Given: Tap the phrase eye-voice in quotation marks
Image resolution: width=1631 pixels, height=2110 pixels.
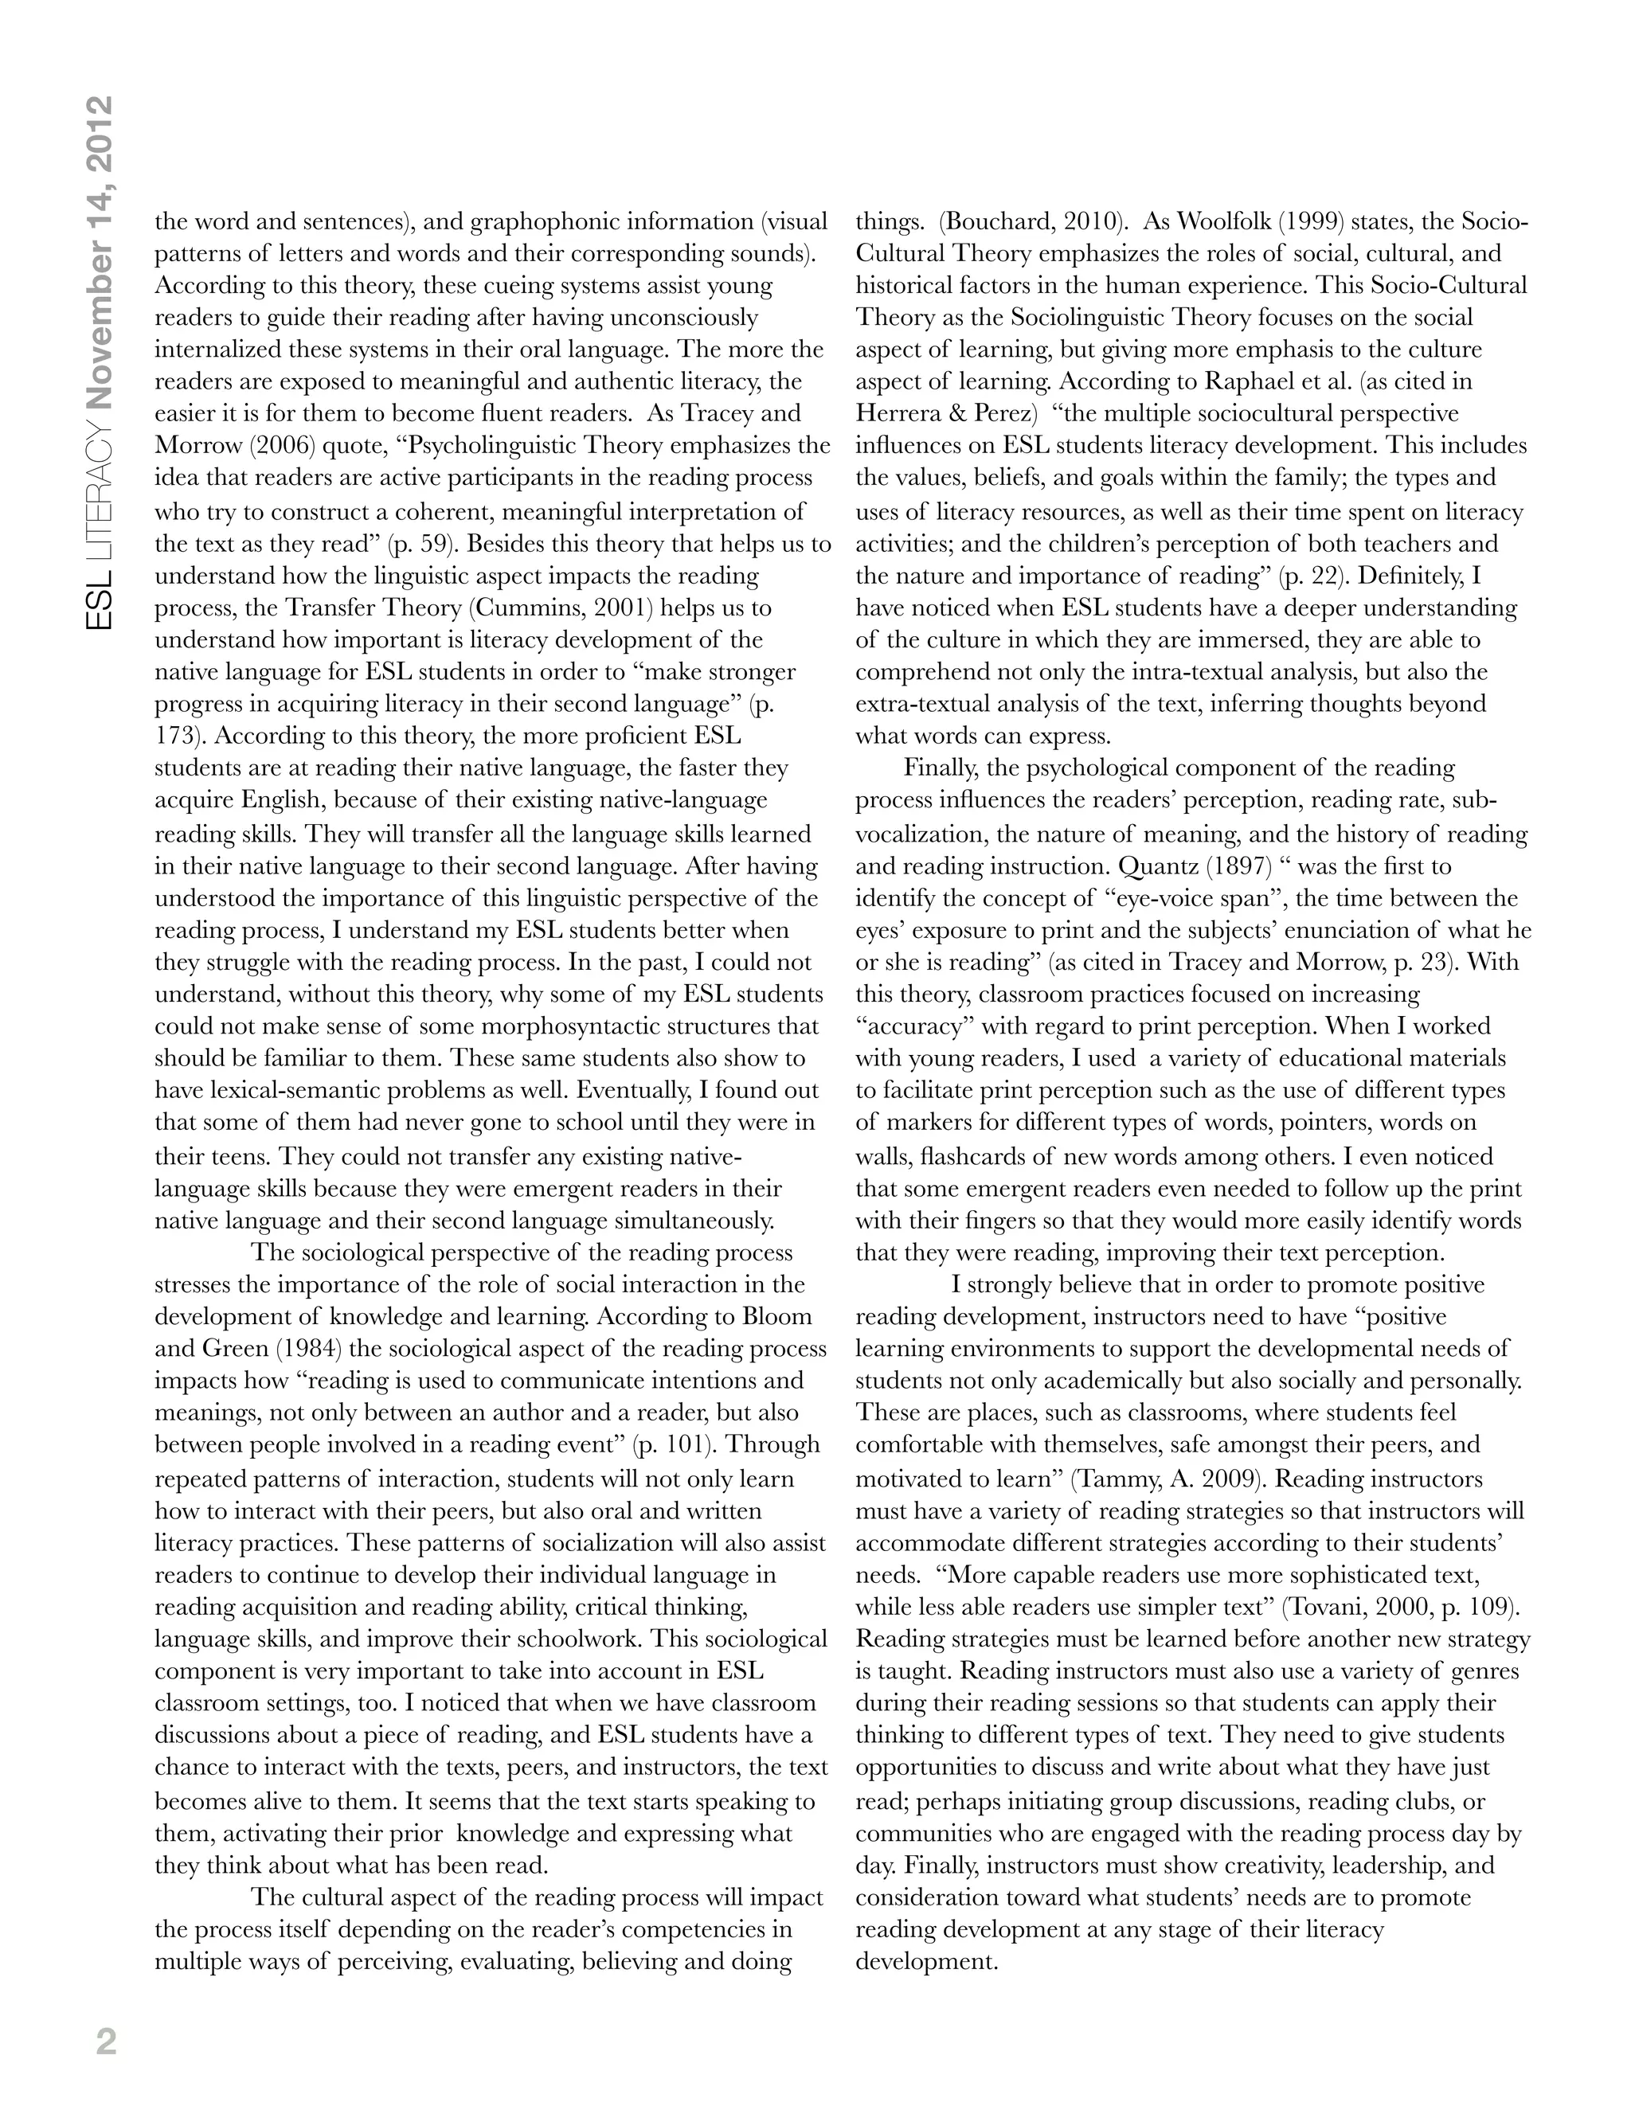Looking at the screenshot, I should [x=1165, y=898].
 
